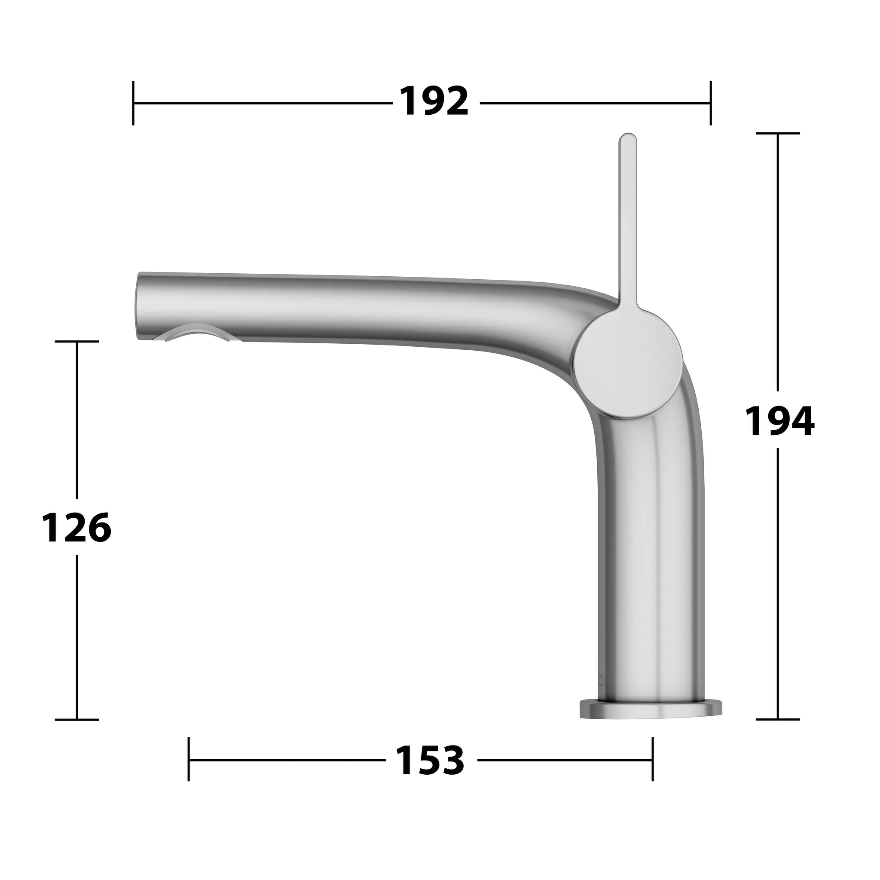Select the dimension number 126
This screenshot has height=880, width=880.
(x=76, y=528)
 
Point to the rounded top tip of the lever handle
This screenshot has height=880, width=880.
(x=628, y=137)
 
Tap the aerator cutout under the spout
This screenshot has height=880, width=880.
(x=196, y=335)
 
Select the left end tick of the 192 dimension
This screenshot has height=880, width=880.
(x=133, y=103)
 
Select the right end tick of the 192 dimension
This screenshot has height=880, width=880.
(x=711, y=103)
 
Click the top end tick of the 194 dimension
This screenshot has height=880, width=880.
(x=777, y=134)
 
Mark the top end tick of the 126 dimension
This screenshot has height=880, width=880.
(x=76, y=342)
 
